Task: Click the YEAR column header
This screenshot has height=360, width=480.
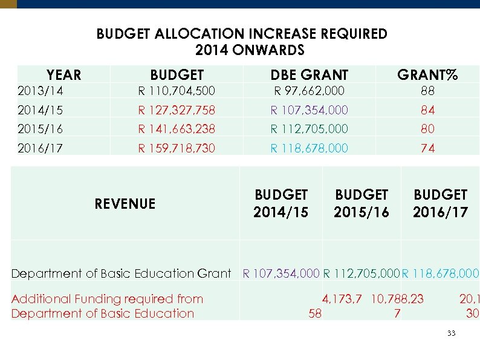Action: tap(63, 75)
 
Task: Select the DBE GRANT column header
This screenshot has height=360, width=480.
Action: tap(309, 75)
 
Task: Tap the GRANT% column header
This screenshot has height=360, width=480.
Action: tap(427, 75)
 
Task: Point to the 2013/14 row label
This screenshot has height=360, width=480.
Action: tap(41, 91)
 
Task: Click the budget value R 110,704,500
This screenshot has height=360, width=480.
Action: tap(177, 91)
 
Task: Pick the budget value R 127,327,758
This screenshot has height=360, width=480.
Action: tap(177, 110)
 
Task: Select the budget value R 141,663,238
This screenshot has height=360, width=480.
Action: tap(177, 129)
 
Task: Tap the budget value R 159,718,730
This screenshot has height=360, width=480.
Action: tap(177, 148)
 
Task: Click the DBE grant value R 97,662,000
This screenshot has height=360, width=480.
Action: tap(309, 91)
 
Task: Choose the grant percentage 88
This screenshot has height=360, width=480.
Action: tap(427, 91)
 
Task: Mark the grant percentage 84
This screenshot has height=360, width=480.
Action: tap(427, 110)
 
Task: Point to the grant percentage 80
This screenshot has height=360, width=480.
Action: tap(427, 129)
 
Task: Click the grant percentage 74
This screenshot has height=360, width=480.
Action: tap(427, 148)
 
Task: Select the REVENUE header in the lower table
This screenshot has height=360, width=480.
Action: tap(125, 204)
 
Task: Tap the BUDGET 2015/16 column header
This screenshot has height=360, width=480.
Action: tap(361, 203)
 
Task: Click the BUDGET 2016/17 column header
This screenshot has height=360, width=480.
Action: tap(440, 203)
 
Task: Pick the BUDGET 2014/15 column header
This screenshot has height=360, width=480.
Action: tap(281, 203)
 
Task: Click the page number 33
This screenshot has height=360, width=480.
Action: tap(450, 334)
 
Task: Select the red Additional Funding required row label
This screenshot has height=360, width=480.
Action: tap(107, 306)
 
